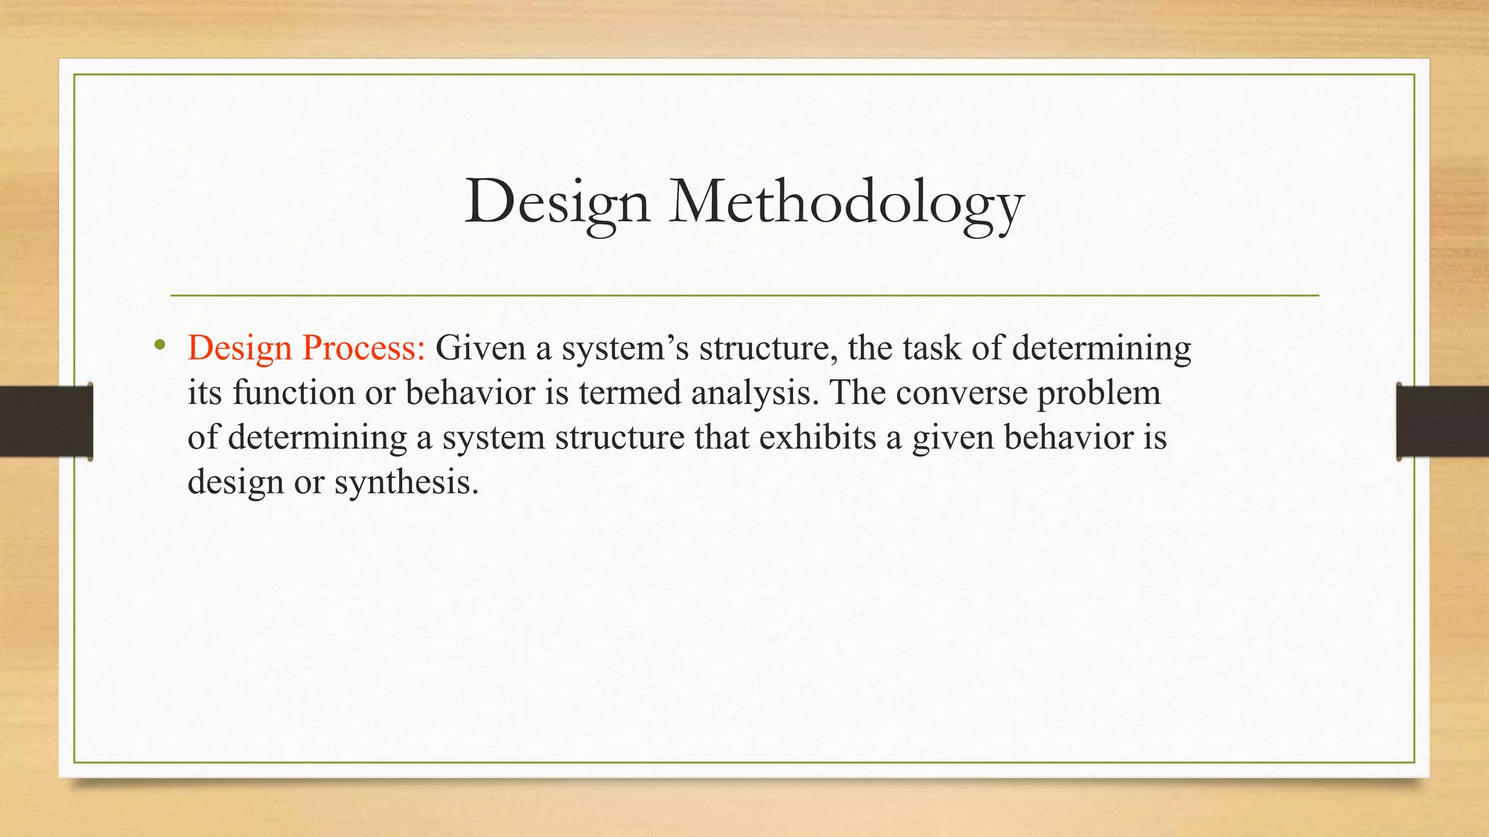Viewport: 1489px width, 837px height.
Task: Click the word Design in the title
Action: (x=557, y=202)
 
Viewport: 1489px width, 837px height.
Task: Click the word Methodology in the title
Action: (x=846, y=202)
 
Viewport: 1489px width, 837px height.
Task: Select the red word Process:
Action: (x=363, y=349)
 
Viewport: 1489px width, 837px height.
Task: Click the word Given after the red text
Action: (x=480, y=349)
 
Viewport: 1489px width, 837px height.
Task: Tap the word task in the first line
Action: (x=932, y=349)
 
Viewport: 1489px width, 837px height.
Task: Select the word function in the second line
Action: (x=294, y=393)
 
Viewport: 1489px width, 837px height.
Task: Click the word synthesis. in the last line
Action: (x=406, y=482)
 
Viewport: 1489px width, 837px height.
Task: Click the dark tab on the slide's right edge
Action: (x=1442, y=421)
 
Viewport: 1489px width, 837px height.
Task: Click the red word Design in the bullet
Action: (x=239, y=349)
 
